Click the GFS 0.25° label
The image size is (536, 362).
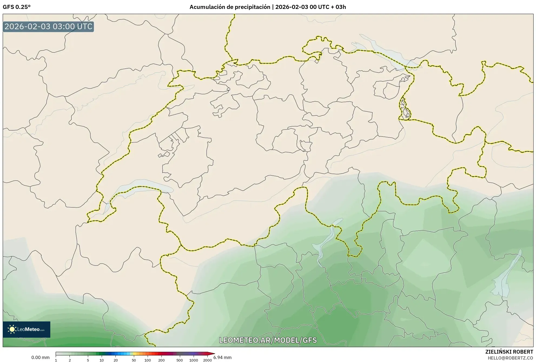[x=16, y=7]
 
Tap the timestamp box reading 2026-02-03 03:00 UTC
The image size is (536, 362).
[x=48, y=27]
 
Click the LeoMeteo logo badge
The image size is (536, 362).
[x=27, y=329]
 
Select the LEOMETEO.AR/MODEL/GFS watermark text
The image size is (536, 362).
[x=268, y=340]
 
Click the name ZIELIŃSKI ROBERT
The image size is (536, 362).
[x=509, y=352]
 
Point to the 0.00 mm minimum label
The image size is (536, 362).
[x=40, y=357]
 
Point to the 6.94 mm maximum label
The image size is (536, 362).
[x=223, y=357]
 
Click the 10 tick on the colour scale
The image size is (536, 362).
[x=102, y=360]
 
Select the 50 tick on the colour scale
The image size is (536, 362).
[x=134, y=360]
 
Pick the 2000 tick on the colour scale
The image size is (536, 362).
[x=207, y=360]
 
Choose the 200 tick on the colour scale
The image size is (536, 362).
[x=161, y=360]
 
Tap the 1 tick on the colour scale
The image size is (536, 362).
[x=56, y=360]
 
